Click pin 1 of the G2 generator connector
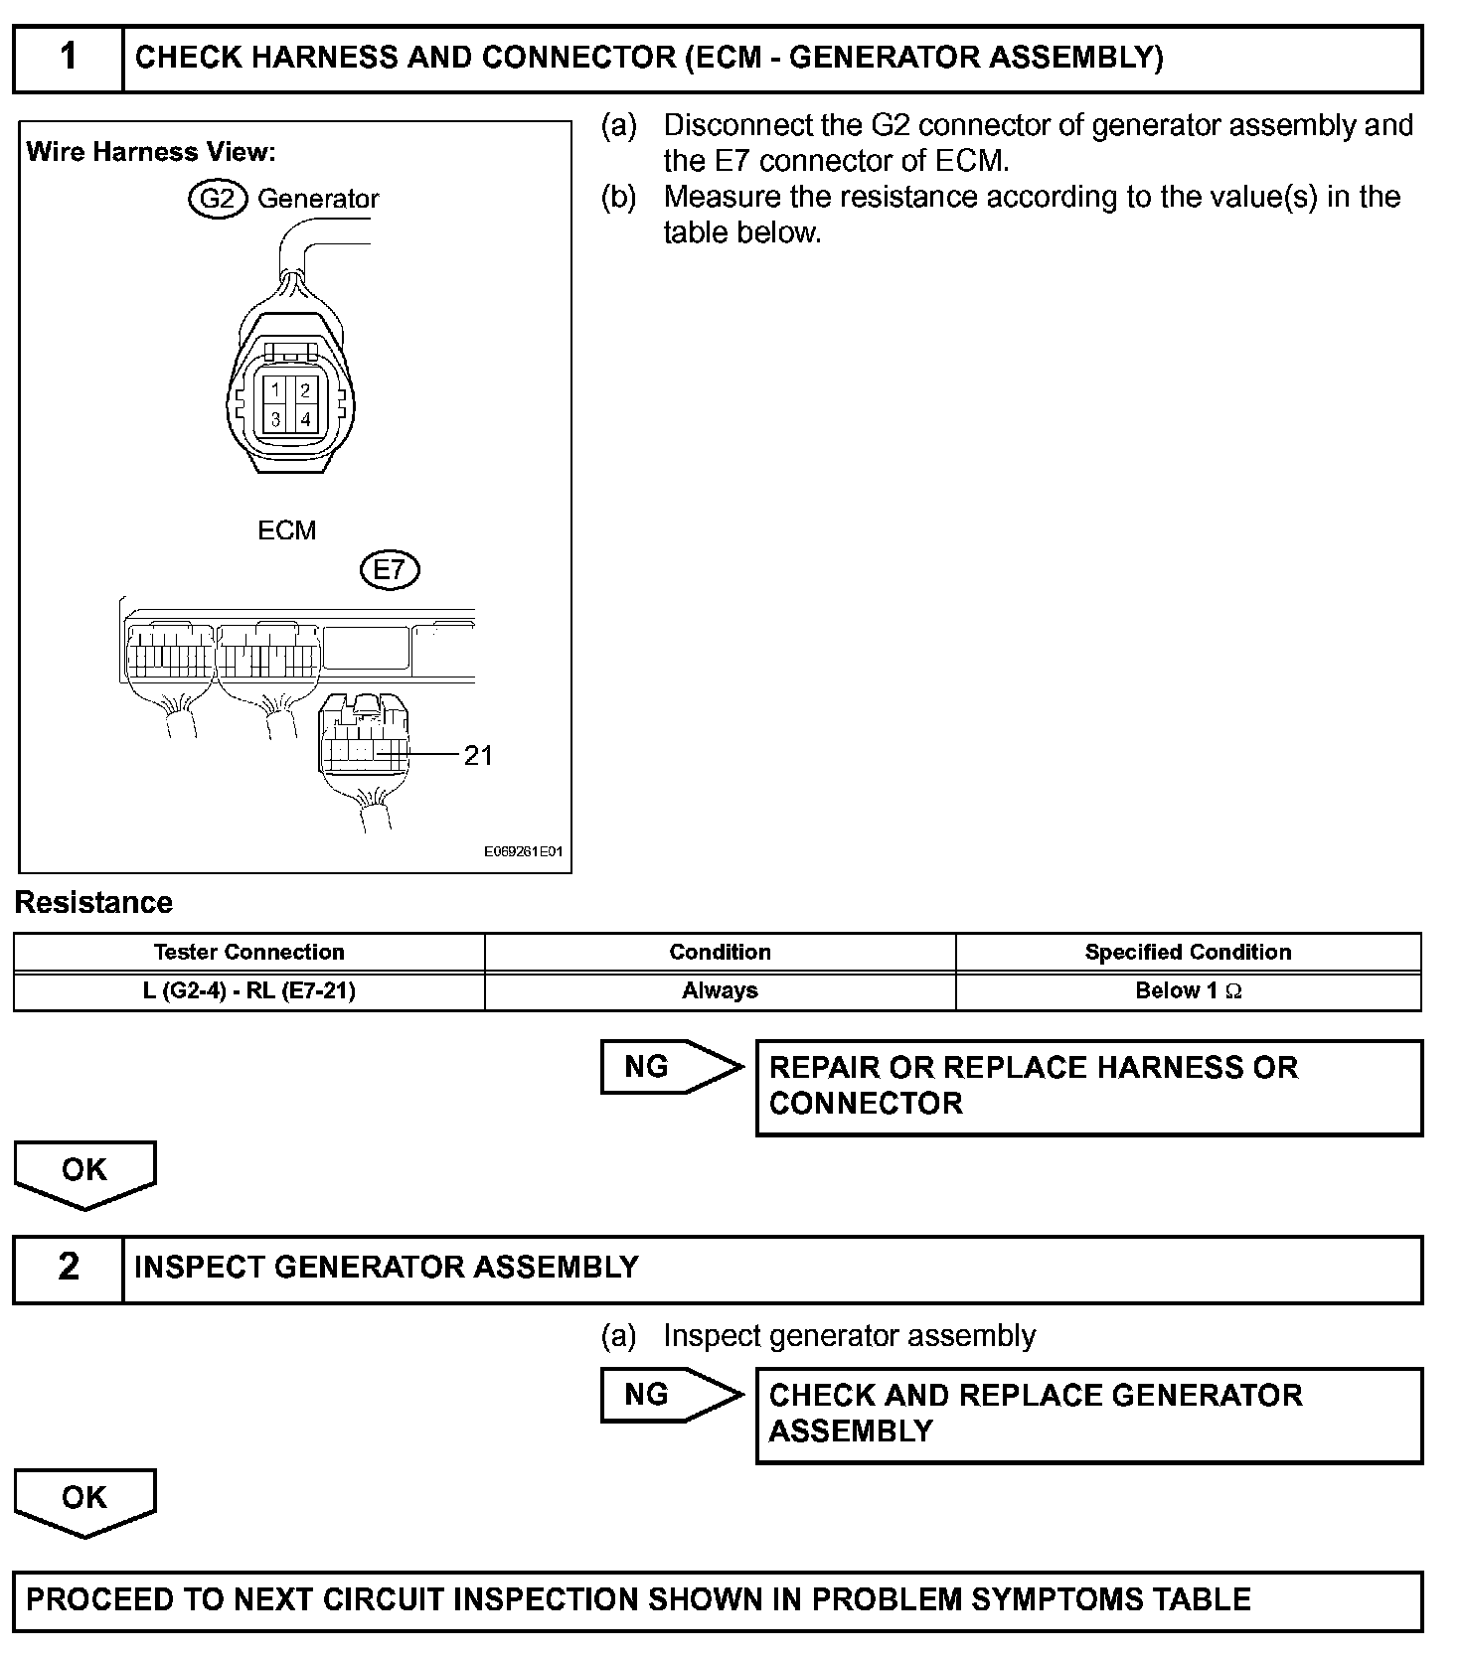point(276,389)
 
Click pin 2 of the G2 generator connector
point(305,389)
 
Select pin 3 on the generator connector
point(276,419)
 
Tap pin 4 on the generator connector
point(305,419)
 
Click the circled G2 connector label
point(217,199)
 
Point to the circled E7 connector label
point(390,570)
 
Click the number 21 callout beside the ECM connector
point(478,756)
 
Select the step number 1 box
point(69,59)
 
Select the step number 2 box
point(69,1268)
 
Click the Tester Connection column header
point(248,952)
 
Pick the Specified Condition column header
point(1188,952)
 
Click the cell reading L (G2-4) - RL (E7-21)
point(248,990)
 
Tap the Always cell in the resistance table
point(720,990)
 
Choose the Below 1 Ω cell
point(1188,990)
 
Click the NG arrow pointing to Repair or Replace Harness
point(668,1067)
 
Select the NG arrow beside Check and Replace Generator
point(668,1395)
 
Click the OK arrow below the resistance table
point(84,1172)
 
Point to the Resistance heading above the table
point(93,902)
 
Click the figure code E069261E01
point(523,852)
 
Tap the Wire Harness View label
point(151,152)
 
